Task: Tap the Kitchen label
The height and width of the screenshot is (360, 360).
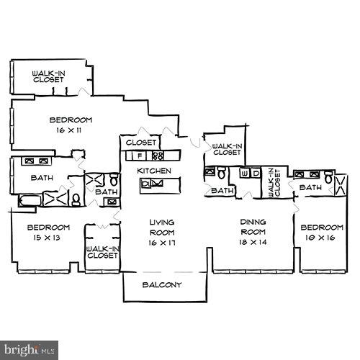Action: [155, 171]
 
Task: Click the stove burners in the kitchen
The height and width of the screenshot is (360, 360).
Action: [158, 155]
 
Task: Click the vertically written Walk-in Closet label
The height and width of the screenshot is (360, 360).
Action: [272, 182]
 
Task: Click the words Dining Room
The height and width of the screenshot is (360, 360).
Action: [253, 227]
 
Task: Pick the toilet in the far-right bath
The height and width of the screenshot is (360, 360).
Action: [328, 177]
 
